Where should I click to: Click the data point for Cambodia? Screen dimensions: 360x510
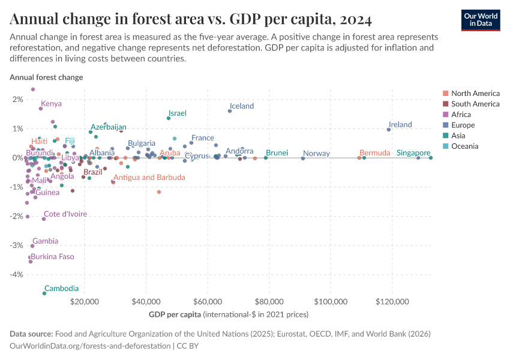pos(44,293)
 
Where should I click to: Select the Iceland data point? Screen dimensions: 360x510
pos(230,111)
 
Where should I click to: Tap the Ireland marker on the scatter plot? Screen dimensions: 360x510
pos(389,130)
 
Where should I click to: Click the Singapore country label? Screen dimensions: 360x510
pos(413,153)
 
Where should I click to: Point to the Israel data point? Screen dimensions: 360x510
pos(169,118)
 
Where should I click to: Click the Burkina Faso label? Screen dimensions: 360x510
pos(53,256)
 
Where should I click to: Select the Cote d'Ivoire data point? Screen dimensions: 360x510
pos(44,219)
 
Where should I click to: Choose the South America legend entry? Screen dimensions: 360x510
pos(475,104)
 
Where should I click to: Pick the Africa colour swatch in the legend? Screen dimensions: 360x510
pos(445,115)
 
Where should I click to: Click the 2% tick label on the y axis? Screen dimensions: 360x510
pos(17,100)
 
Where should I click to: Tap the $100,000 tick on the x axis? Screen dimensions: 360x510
pos(331,301)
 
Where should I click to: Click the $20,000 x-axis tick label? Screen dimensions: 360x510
pos(85,301)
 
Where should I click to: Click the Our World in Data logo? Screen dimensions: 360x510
pos(481,19)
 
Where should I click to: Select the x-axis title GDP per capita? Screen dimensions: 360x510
pos(174,314)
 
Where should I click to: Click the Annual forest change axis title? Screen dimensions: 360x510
pos(46,77)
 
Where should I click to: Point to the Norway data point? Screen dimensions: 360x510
pos(303,158)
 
